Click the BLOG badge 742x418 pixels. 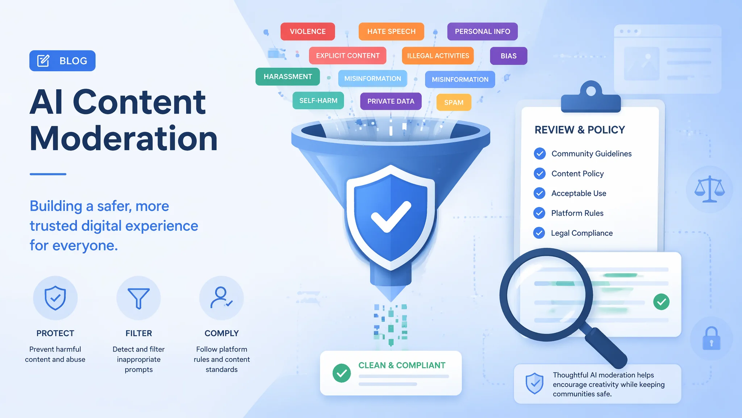point(62,61)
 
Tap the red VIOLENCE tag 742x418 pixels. point(308,32)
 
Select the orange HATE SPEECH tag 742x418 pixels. point(391,32)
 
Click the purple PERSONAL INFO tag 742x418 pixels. point(482,32)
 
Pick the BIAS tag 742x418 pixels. point(509,56)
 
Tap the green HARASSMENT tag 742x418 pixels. point(288,77)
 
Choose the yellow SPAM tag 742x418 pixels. point(454,102)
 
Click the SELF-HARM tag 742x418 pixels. point(318,101)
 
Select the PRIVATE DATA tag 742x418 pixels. point(391,101)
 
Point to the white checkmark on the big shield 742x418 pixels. point(390,217)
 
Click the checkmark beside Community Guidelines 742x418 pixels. point(540,153)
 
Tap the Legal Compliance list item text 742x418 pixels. point(582,233)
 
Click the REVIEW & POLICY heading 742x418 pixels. point(580,130)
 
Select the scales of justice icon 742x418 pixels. point(709,189)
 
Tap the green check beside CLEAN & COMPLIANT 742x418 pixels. point(342,373)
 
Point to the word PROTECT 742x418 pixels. point(55,333)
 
